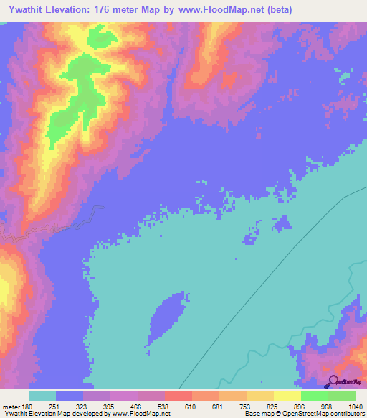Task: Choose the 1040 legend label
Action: click(356, 406)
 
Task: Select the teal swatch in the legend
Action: click(42, 396)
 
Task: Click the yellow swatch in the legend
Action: click(287, 396)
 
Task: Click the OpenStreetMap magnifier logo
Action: click(333, 381)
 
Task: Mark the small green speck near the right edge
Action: click(343, 73)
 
